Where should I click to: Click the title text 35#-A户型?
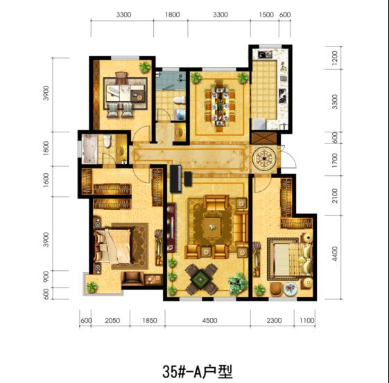point(198,371)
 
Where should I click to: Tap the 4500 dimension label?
point(209,321)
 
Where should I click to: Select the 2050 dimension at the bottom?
point(112,321)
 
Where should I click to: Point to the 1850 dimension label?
point(150,321)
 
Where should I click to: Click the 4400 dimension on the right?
point(335,253)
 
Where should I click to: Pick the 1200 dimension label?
point(334,58)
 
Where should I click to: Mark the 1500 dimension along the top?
point(266,15)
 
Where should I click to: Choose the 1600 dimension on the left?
point(46,180)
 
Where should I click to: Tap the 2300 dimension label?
point(274,321)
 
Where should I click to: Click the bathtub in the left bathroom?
point(89,149)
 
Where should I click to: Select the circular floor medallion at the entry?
point(264,158)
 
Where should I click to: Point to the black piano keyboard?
point(175,179)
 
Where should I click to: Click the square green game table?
point(201,279)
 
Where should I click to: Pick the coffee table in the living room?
point(211,227)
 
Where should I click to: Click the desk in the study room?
point(126,93)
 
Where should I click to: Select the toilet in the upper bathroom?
point(178,100)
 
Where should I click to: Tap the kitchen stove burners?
point(282,96)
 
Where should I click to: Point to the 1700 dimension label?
point(334,160)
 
